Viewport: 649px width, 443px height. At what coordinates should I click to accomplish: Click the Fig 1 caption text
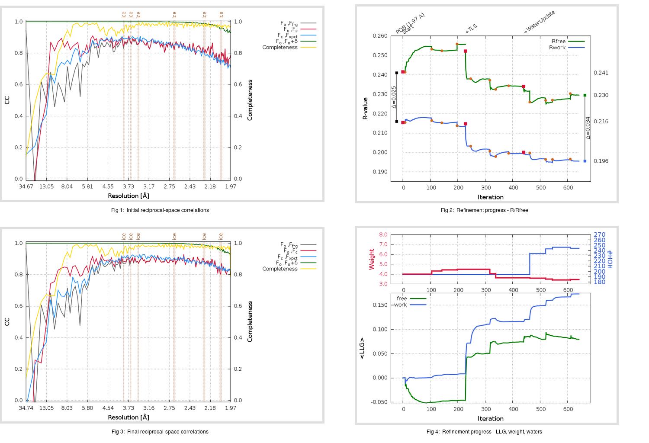click(160, 210)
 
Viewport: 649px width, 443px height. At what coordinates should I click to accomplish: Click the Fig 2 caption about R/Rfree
click(484, 210)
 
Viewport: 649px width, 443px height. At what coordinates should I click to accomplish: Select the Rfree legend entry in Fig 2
click(559, 42)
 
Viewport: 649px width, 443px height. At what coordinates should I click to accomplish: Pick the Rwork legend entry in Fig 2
click(557, 48)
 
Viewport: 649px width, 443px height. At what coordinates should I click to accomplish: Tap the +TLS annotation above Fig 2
click(471, 29)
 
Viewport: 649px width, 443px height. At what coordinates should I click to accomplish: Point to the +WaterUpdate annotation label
click(539, 22)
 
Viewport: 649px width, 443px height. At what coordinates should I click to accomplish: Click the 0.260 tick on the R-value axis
click(380, 36)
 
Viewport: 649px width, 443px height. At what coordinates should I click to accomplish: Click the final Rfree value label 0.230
click(601, 95)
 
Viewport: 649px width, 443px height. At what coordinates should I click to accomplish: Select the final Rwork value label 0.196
click(601, 161)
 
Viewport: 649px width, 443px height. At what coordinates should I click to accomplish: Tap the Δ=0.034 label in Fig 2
click(588, 128)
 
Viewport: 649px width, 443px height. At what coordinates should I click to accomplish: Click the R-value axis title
click(365, 108)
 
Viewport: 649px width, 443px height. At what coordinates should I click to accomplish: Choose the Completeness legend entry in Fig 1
click(280, 48)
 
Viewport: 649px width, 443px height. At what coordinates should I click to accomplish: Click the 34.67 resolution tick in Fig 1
click(26, 186)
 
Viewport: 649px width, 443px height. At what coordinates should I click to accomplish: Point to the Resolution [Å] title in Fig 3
click(129, 417)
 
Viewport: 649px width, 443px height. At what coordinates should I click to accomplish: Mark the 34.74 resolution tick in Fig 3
click(26, 408)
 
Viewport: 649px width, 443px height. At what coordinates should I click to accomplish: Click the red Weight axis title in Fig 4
click(372, 259)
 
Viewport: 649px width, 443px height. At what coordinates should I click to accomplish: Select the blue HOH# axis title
click(610, 259)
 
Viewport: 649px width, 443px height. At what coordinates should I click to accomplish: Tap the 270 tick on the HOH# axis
click(599, 235)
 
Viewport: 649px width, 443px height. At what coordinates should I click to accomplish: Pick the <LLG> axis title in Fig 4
click(362, 348)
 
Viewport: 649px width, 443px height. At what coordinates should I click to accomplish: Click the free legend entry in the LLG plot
click(402, 299)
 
